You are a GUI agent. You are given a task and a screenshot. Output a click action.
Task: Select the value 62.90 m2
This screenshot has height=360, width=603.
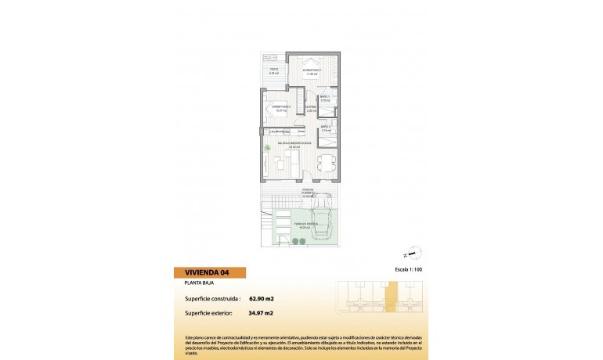pyautogui.click(x=261, y=298)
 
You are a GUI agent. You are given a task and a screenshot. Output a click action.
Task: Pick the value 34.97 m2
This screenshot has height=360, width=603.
pyautogui.click(x=261, y=313)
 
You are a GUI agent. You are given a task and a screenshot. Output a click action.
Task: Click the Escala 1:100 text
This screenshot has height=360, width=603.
pyautogui.click(x=406, y=268)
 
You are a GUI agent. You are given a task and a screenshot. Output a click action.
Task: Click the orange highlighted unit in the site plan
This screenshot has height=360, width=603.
pyautogui.click(x=391, y=298)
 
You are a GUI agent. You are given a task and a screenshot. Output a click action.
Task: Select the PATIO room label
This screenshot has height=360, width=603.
pyautogui.click(x=274, y=71)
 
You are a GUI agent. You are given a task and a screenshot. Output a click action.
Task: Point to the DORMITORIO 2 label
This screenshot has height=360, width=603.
pyautogui.click(x=281, y=107)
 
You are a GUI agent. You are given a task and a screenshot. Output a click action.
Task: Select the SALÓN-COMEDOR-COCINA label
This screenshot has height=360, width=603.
pyautogui.click(x=295, y=145)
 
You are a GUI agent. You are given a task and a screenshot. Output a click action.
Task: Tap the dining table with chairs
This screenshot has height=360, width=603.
pyautogui.click(x=326, y=164)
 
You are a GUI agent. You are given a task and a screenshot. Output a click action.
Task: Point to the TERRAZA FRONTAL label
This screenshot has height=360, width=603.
pyautogui.click(x=305, y=224)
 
